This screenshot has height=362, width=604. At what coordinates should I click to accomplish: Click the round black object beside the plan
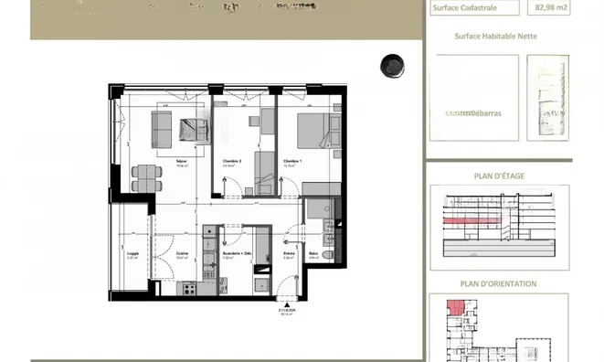[x=393, y=64]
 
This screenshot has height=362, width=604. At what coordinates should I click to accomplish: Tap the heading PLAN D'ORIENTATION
[x=498, y=283]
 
